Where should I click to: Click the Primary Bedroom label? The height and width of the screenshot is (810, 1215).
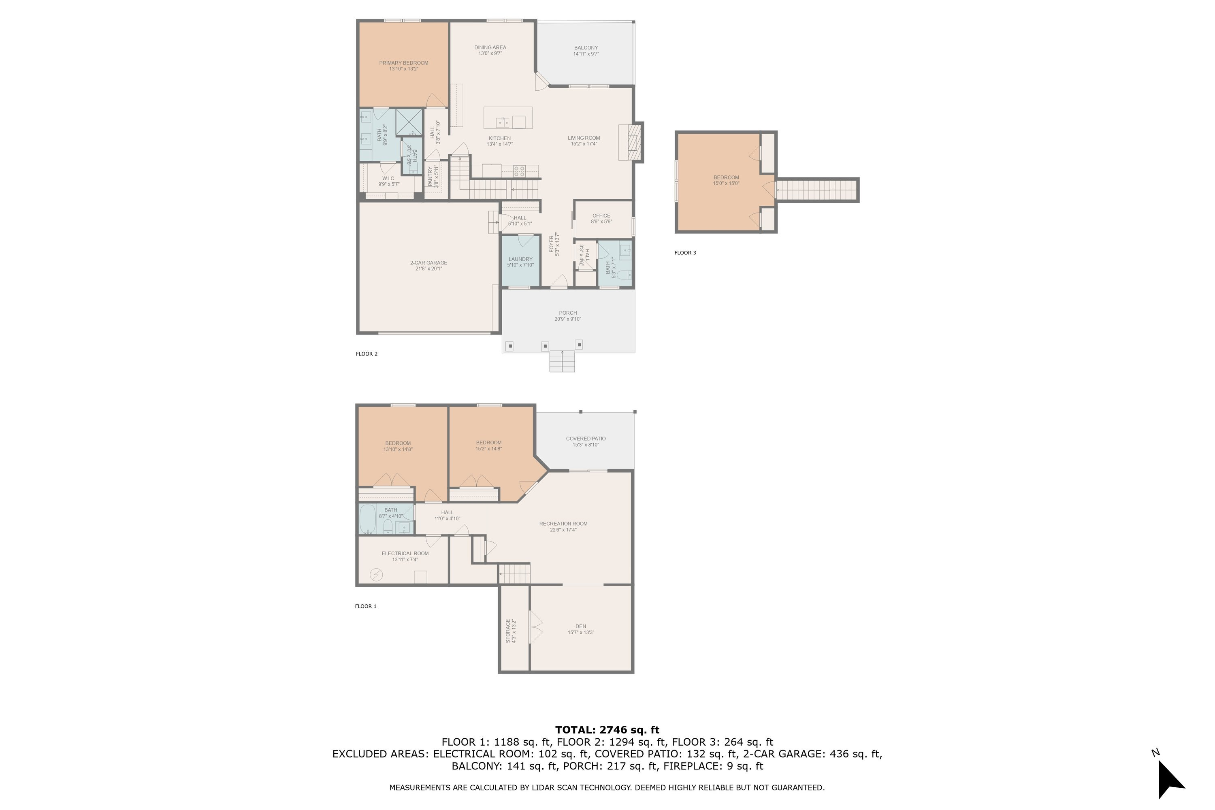pos(403,63)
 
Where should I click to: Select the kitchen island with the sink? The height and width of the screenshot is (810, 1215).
pos(508,118)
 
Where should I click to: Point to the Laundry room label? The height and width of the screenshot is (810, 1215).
pos(520,259)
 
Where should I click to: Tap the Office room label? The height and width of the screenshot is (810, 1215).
pos(601,216)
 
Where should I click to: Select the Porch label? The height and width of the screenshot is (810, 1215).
pos(568,313)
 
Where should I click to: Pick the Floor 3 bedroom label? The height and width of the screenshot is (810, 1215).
pos(726,178)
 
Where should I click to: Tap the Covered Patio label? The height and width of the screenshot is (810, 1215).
pos(586,439)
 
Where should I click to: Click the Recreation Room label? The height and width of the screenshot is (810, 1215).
pos(563,524)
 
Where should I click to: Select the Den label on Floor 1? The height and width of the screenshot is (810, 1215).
pos(581,626)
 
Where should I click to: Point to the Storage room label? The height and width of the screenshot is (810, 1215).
pos(508,631)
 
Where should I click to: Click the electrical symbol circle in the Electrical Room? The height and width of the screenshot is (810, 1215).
pos(377,574)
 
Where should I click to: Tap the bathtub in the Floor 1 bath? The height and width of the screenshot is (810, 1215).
pos(368,519)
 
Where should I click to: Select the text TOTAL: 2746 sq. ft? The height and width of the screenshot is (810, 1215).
pos(607,730)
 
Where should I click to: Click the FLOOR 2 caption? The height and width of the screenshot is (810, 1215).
pos(367,354)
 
